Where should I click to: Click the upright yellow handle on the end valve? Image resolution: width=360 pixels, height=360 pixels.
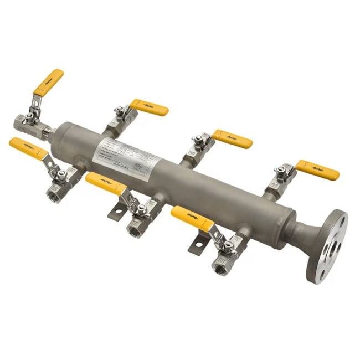click(49, 81)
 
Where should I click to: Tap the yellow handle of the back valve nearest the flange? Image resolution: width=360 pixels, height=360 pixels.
click(317, 170)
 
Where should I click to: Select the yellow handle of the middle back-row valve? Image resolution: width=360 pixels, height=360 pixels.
click(232, 139)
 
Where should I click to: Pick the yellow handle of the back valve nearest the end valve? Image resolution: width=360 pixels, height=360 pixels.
click(150, 107)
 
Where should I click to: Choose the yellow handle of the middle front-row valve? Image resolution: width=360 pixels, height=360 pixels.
click(106, 183)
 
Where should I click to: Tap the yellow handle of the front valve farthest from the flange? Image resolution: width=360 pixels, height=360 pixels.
click(28, 149)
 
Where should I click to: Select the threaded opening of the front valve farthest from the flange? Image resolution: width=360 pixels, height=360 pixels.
click(54, 196)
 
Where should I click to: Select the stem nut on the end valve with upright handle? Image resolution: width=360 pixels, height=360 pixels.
click(28, 117)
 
